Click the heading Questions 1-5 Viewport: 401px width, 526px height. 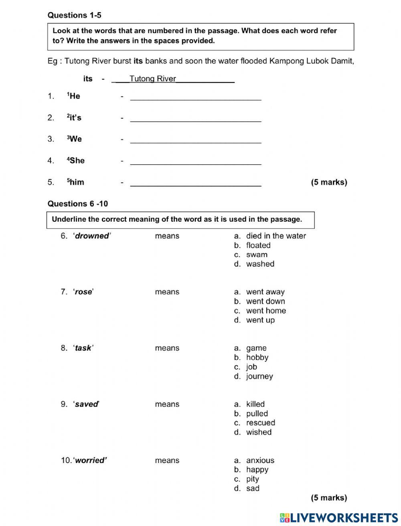(74, 15)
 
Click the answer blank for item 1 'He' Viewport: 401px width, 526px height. (196, 97)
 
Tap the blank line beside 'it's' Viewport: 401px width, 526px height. (196, 118)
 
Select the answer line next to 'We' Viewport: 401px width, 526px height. (196, 140)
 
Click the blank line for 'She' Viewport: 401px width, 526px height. (196, 161)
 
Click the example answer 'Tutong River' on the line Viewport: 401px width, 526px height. (153, 79)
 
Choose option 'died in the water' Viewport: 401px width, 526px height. (275, 236)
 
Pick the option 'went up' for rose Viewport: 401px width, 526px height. (260, 320)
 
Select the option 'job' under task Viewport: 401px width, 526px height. (251, 367)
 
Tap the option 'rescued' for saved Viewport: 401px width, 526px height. (260, 423)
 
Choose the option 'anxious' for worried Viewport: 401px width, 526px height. (260, 460)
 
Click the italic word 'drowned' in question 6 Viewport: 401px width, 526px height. (92, 236)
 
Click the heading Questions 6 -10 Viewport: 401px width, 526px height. (78, 204)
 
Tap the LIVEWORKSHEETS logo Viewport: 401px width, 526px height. (338, 517)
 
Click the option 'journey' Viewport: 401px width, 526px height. (259, 376)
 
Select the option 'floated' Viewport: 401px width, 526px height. (258, 245)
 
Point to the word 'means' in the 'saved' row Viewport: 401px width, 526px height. (167, 404)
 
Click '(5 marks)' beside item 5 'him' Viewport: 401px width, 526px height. (329, 182)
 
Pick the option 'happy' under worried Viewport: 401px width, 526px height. (257, 469)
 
